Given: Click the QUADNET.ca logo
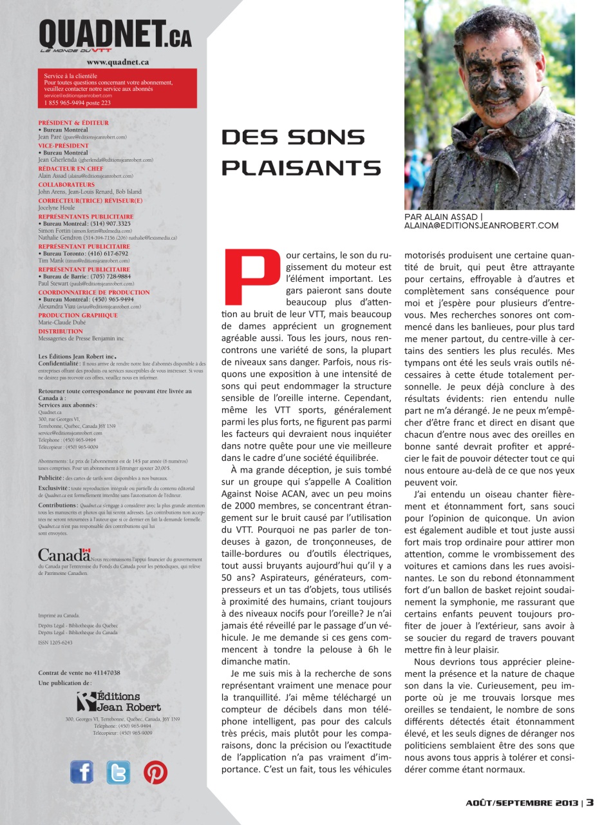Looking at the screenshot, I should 115,36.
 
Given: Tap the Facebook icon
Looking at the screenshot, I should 82,772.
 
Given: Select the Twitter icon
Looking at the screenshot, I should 118,772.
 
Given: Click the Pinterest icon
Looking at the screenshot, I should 155,772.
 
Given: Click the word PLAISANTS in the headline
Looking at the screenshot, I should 301,168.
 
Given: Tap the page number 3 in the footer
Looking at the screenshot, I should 589,802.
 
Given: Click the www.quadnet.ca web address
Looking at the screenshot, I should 118,63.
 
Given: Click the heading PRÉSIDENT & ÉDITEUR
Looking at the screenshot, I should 73,122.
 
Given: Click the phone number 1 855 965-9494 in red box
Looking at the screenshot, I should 77,102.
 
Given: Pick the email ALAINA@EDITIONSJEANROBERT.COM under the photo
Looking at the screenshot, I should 481,226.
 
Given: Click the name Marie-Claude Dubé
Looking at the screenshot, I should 61,323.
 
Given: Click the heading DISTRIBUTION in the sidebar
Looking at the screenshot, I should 61,331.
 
